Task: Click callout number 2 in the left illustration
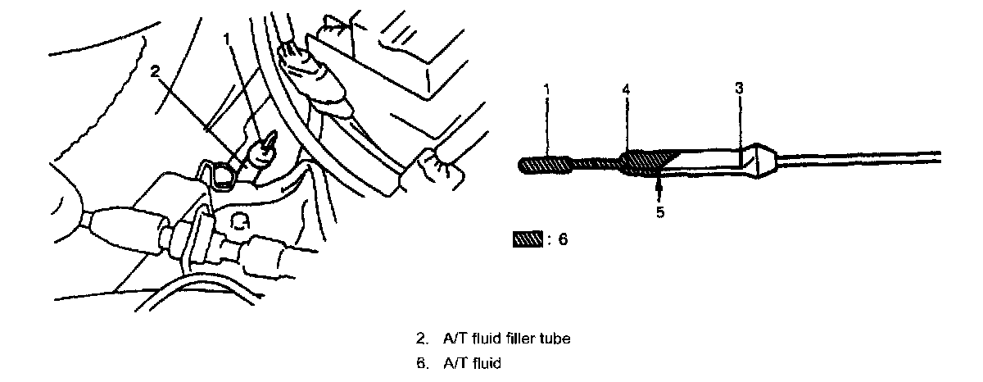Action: pos(154,70)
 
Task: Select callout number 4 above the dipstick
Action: pos(626,86)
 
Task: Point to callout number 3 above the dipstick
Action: pos(739,86)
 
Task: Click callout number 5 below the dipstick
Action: pos(660,212)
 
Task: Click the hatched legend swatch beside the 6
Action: pos(528,241)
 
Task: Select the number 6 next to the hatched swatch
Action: pos(562,241)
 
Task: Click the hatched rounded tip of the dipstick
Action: pos(545,165)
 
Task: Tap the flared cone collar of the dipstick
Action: pos(760,161)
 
